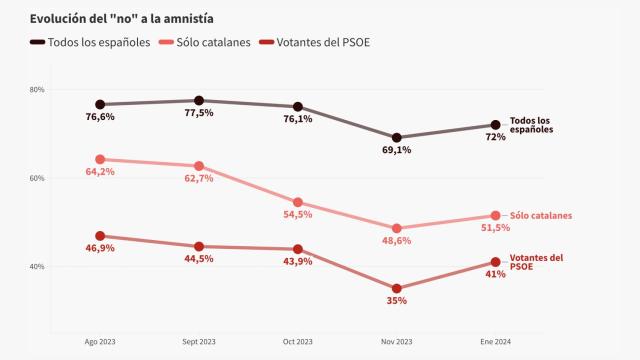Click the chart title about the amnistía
click(122, 19)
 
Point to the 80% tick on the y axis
click(37, 90)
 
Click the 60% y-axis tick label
click(37, 178)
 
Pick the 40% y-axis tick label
click(37, 267)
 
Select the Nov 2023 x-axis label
click(397, 342)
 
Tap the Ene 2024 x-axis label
click(496, 342)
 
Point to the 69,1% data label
click(397, 150)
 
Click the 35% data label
click(397, 301)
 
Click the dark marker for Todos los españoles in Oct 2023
click(298, 107)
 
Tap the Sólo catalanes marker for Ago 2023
click(99, 159)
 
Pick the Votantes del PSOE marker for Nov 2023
click(397, 289)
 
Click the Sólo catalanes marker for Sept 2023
click(198, 166)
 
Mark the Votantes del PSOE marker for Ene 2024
click(496, 262)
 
